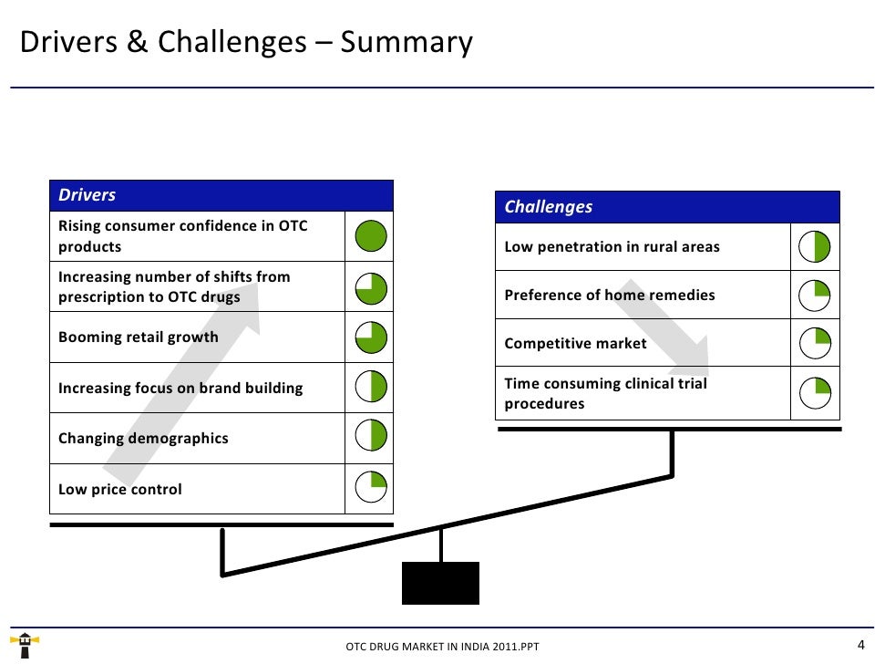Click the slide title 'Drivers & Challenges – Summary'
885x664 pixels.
tap(246, 43)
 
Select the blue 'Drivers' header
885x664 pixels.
tap(221, 195)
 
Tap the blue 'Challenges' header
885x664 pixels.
tap(667, 207)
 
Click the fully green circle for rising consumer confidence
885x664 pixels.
tap(370, 237)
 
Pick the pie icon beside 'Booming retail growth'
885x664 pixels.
tap(370, 338)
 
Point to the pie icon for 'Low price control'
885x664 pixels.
tap(370, 489)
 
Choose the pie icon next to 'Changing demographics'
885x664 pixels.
tap(370, 438)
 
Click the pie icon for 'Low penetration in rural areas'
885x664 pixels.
tap(815, 247)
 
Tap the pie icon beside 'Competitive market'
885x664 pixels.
tap(815, 343)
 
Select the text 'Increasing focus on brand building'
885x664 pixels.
tap(180, 389)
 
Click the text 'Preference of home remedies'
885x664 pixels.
tap(610, 296)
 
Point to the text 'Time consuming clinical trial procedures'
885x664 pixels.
tap(605, 393)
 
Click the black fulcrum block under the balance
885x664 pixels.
tap(440, 583)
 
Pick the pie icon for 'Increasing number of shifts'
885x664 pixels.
tap(370, 288)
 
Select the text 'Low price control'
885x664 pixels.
tap(120, 490)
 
